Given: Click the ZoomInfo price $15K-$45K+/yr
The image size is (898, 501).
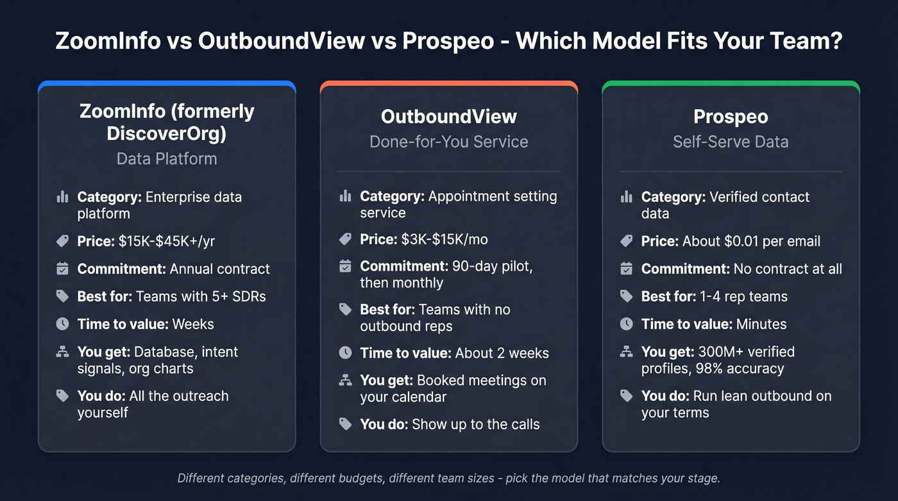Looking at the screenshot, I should click(171, 241).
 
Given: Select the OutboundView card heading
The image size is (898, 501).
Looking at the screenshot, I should click(448, 117).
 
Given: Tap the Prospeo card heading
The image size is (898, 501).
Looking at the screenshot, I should click(731, 117).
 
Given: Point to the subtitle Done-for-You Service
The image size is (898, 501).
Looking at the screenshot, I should click(448, 141).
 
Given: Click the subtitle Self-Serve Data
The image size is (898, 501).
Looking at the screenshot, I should click(731, 141).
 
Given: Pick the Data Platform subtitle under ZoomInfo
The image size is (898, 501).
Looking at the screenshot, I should click(167, 158).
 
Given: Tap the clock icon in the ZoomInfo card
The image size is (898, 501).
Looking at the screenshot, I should click(62, 324).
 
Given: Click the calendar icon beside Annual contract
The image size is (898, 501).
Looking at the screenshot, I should click(62, 269).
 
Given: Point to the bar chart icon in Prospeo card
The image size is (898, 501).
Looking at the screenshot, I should click(627, 197).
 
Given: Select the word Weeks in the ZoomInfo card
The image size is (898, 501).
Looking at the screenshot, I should click(193, 324).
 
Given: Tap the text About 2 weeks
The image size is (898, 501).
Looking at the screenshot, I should click(502, 353).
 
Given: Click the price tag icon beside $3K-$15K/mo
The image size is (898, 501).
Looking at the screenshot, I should click(345, 239).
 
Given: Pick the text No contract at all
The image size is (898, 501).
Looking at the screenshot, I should click(788, 269).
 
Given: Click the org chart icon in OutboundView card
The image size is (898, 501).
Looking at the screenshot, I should click(345, 380).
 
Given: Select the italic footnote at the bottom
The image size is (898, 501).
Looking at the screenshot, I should click(448, 478).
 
